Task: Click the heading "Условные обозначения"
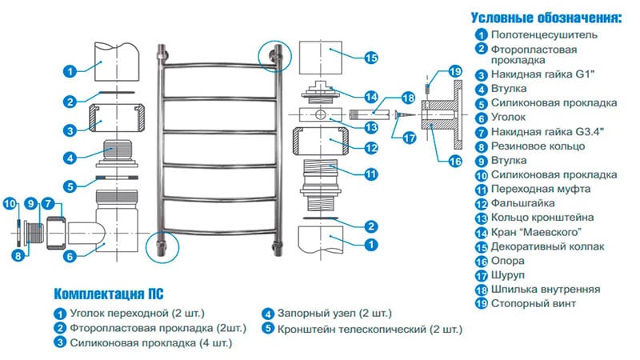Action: coord(546,17)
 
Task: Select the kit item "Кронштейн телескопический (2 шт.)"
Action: coord(370,329)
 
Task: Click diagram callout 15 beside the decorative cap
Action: coord(370,57)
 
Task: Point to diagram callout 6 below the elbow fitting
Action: coord(70,256)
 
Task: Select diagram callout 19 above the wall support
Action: coord(454,72)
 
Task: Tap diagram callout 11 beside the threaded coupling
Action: coord(370,174)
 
